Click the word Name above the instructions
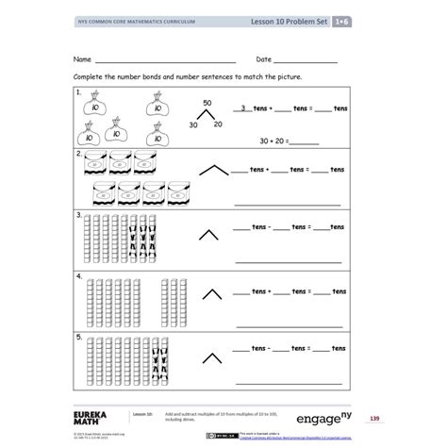tap(84, 58)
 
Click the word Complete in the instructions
tap(91, 77)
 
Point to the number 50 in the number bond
tap(207, 102)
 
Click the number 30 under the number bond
tap(194, 124)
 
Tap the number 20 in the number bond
tap(219, 124)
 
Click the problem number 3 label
tap(78, 214)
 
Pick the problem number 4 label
tap(78, 275)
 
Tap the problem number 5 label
tap(78, 336)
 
